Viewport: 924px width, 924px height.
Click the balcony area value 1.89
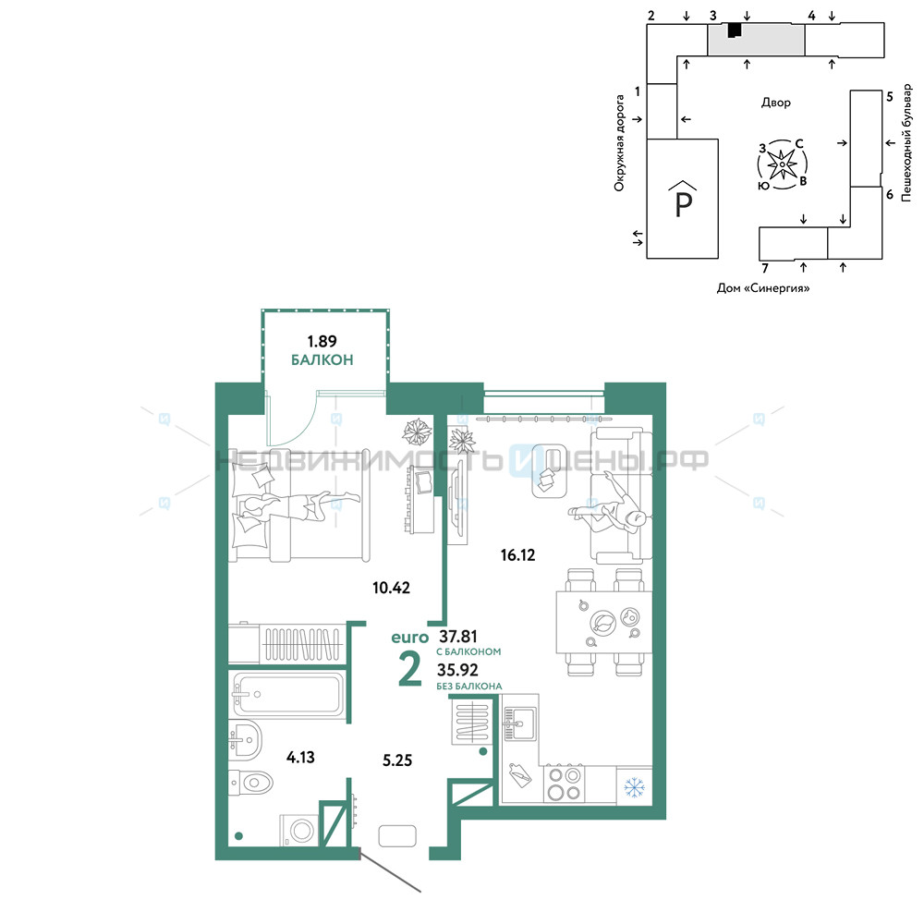(322, 341)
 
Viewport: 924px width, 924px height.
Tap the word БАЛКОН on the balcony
(322, 359)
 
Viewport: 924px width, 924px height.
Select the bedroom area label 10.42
(391, 588)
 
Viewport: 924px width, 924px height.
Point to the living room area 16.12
(518, 554)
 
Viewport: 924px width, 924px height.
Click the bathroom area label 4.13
(300, 757)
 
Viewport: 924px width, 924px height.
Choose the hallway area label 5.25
(397, 760)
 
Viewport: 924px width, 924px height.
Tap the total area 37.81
(458, 637)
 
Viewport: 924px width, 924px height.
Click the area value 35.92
(457, 670)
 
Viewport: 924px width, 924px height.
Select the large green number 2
(410, 669)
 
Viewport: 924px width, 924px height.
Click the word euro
(409, 638)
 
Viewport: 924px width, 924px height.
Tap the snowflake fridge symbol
(634, 786)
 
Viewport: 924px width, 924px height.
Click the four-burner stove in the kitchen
(564, 784)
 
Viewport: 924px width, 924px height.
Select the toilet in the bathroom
(250, 783)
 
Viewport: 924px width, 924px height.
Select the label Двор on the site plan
(776, 103)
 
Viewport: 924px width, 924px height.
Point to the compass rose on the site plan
(782, 164)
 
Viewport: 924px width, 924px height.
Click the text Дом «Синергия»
(763, 288)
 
